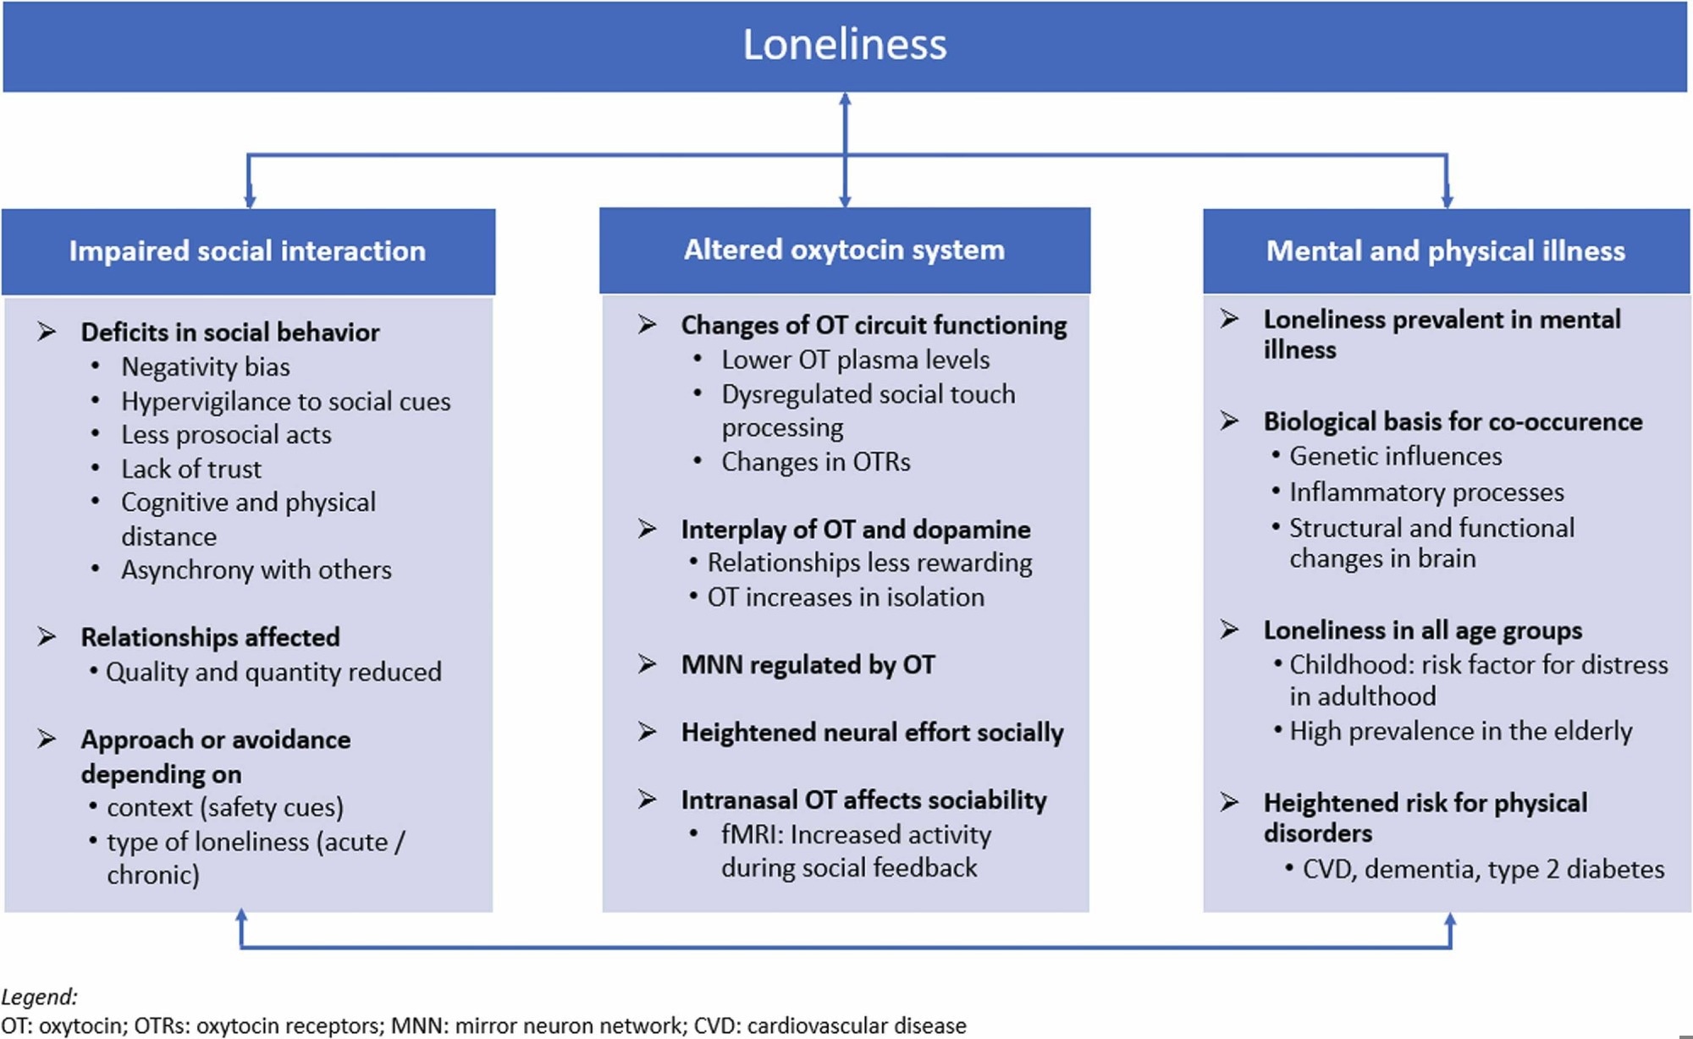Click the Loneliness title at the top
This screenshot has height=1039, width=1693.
click(x=845, y=45)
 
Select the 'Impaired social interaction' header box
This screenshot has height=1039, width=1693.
click(x=247, y=251)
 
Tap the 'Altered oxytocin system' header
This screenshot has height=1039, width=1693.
click(x=844, y=250)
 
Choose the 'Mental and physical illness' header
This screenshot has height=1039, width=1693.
click(x=1446, y=251)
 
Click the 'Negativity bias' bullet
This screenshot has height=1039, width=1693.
click(x=206, y=367)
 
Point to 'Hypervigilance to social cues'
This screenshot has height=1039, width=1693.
click(x=286, y=401)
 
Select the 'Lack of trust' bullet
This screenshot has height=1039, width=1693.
click(x=191, y=469)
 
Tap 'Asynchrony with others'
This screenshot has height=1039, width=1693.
click(x=256, y=570)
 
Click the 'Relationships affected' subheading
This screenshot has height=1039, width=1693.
click(x=210, y=637)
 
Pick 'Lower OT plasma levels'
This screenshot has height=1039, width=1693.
click(x=855, y=360)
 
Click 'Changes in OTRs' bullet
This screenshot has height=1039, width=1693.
click(x=816, y=462)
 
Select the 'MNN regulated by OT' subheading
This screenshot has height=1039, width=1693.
click(x=808, y=665)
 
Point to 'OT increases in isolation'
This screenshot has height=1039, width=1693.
click(x=846, y=597)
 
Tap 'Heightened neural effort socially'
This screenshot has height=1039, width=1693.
click(x=872, y=733)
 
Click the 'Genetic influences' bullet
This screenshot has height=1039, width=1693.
click(x=1395, y=456)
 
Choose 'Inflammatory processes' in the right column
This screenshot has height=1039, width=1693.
click(x=1426, y=492)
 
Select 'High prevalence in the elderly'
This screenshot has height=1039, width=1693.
click(x=1460, y=731)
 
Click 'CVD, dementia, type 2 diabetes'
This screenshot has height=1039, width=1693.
click(x=1483, y=869)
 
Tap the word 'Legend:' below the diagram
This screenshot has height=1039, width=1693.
click(x=39, y=997)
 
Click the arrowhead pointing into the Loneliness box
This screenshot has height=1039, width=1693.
click(x=845, y=101)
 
